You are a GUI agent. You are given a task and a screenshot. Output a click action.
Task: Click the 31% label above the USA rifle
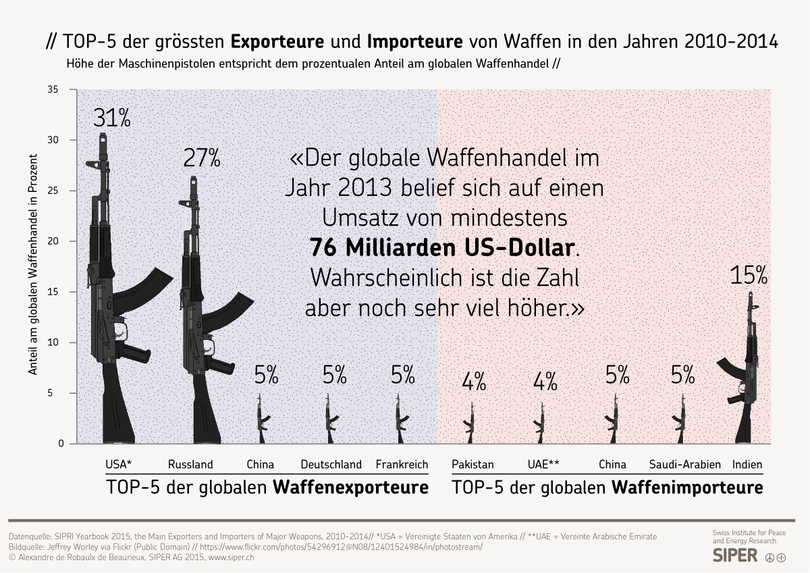(111, 118)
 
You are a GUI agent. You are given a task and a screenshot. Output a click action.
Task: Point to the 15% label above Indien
(749, 275)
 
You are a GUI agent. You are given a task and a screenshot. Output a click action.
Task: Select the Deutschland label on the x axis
(331, 464)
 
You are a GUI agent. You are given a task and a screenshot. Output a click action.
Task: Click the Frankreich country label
(402, 464)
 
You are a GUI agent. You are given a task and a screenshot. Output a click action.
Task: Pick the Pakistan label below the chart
(473, 464)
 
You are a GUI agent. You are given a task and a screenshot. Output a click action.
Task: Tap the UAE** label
(543, 464)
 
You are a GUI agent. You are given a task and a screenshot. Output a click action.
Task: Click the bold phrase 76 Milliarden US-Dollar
(441, 248)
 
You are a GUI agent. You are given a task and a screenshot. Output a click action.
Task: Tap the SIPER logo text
(735, 556)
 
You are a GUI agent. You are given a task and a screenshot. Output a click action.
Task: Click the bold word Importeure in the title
(415, 42)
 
